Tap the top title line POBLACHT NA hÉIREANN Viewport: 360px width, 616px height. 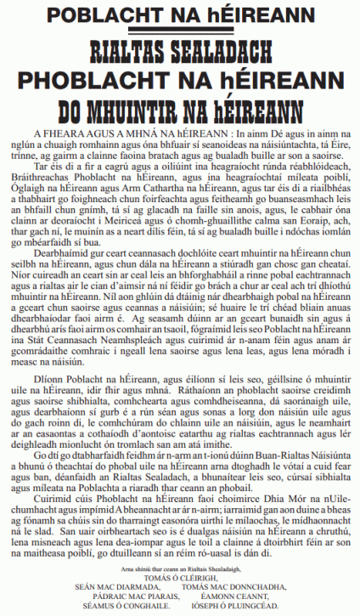coord(180,16)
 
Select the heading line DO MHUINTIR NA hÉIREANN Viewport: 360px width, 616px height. coord(180,110)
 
